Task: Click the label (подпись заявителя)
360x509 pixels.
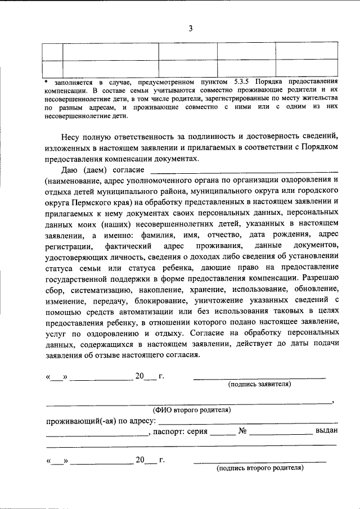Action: pos(259,385)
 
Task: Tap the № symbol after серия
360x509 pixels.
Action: pos(244,432)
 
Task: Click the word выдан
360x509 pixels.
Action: pos(327,432)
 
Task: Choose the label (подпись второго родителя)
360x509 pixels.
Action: pos(260,468)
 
